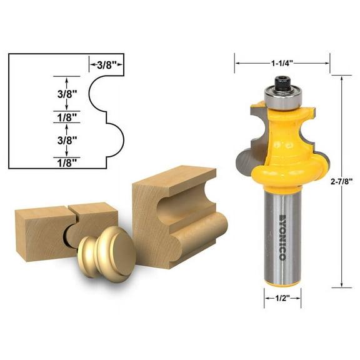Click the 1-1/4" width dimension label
[x=282, y=63]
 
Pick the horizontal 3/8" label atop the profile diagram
[x=106, y=64]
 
